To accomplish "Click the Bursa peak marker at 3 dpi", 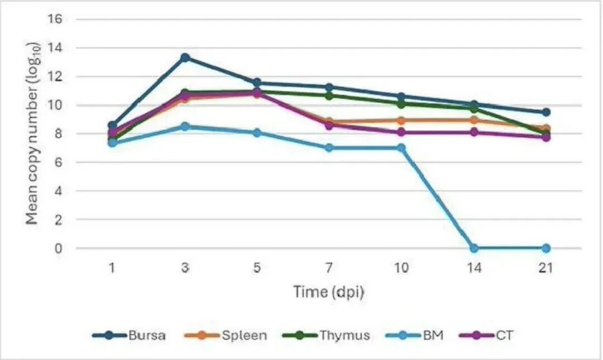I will pyautogui.click(x=185, y=57).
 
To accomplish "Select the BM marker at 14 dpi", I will pyautogui.click(x=474, y=248).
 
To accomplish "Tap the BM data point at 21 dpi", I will pyautogui.click(x=546, y=248).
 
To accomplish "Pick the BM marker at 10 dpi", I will pyautogui.click(x=401, y=148).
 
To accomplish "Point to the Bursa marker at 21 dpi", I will pyautogui.click(x=546, y=112).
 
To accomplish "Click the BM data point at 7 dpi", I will pyautogui.click(x=329, y=148).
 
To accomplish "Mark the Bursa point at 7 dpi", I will pyautogui.click(x=329, y=87).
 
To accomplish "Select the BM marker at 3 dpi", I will pyautogui.click(x=185, y=127).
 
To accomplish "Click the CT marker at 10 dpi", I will pyautogui.click(x=401, y=132).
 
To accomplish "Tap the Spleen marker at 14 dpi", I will pyautogui.click(x=474, y=120).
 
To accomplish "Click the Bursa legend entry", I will pyautogui.click(x=129, y=335).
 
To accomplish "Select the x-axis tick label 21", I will pyautogui.click(x=545, y=268).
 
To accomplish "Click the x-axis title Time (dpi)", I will pyautogui.click(x=329, y=292).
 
